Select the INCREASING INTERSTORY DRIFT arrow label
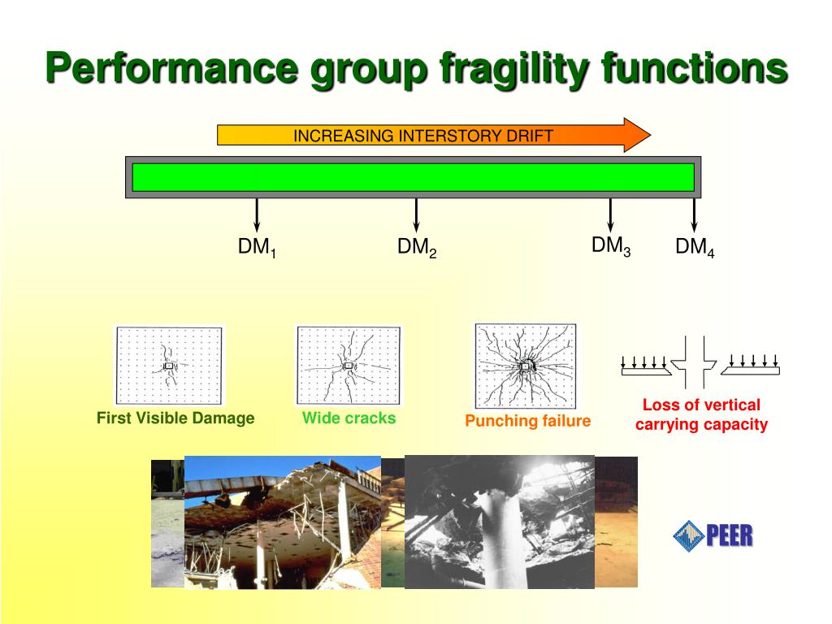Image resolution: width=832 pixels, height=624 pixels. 422,135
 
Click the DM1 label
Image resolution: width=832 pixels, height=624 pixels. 257,248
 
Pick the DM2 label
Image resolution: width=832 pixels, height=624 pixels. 417,248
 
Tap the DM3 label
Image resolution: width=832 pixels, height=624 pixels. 611,245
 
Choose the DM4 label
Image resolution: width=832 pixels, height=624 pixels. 695,248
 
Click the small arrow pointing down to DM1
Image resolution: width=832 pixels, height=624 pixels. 257,215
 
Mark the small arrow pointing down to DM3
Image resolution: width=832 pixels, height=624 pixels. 611,215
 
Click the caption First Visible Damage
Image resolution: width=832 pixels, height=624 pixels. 175,418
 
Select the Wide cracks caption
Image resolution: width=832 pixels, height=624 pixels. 349,418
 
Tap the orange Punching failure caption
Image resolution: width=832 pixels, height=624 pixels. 527,421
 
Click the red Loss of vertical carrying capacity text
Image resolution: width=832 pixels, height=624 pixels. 701,414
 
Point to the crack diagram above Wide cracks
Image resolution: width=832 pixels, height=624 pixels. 349,365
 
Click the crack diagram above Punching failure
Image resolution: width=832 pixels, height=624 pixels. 526,366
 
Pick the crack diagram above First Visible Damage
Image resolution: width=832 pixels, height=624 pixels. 169,366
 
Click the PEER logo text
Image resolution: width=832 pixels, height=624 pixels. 729,535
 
